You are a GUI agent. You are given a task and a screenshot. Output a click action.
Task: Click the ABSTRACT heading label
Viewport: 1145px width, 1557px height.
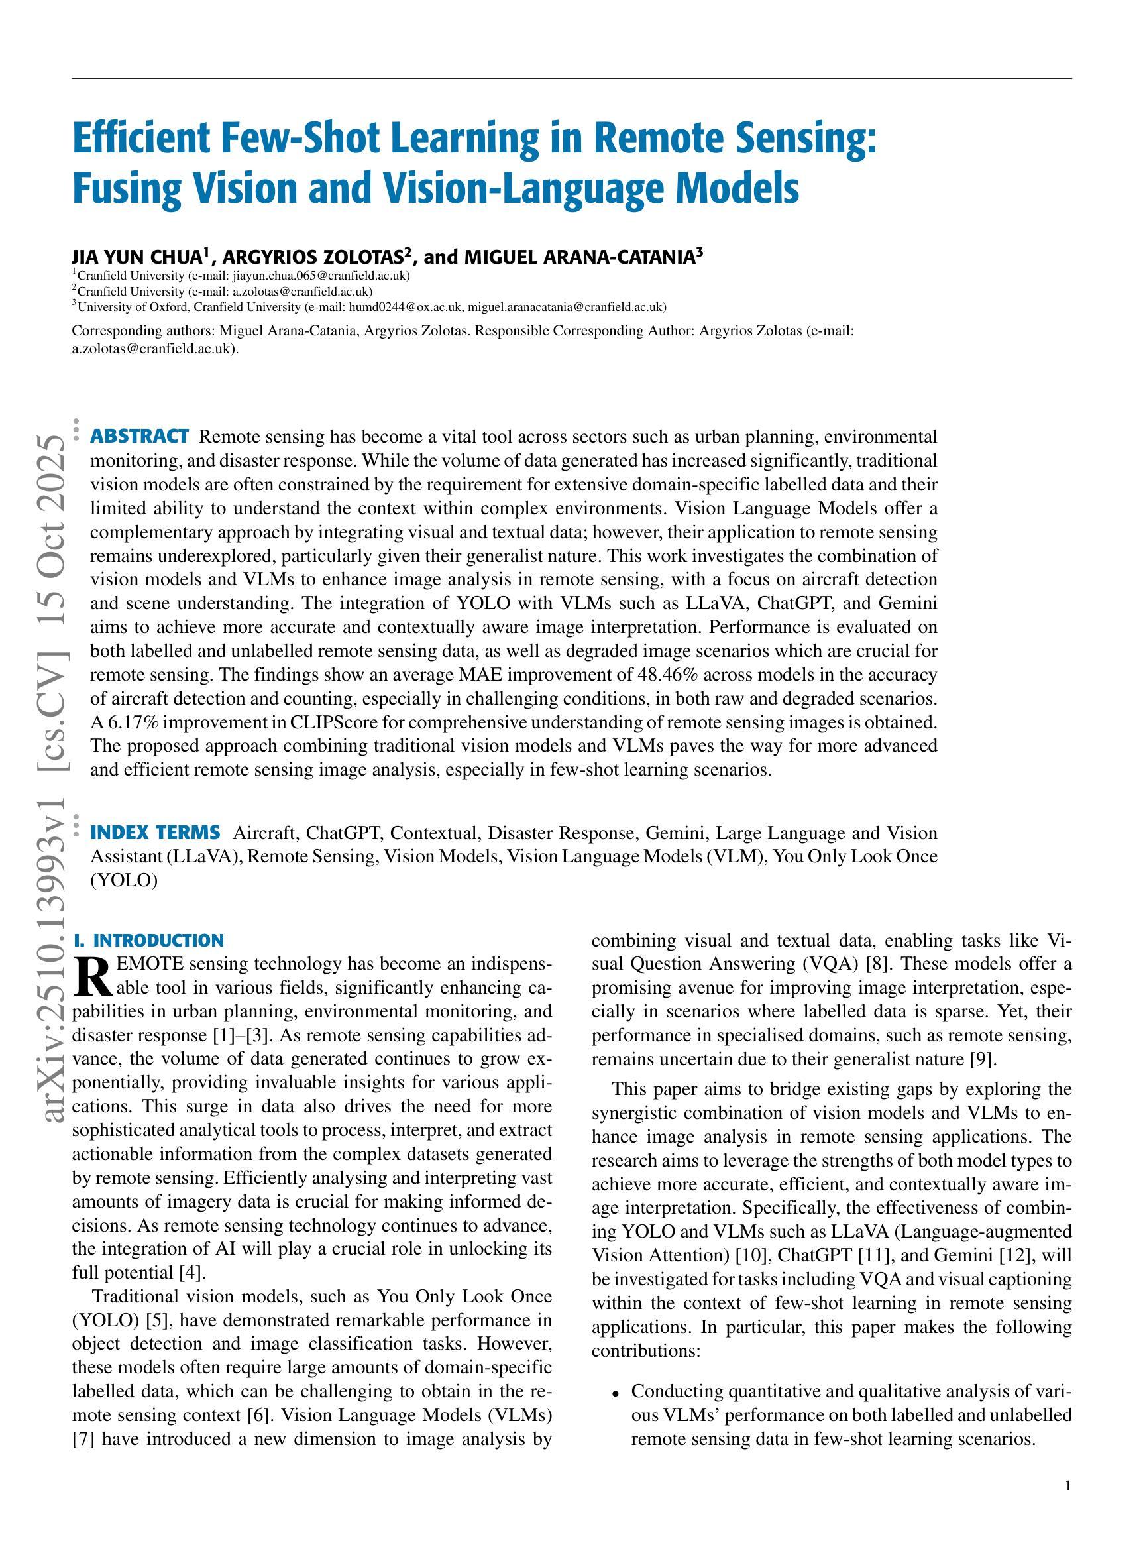coord(139,437)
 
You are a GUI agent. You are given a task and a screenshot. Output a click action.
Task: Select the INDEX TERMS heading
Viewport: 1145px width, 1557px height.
coord(155,833)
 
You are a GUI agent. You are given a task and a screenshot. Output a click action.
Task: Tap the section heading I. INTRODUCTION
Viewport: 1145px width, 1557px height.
coord(148,941)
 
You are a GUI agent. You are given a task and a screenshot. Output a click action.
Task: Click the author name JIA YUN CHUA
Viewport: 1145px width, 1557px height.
coord(136,257)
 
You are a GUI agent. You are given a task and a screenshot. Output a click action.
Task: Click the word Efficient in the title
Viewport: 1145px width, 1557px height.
coord(140,139)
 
